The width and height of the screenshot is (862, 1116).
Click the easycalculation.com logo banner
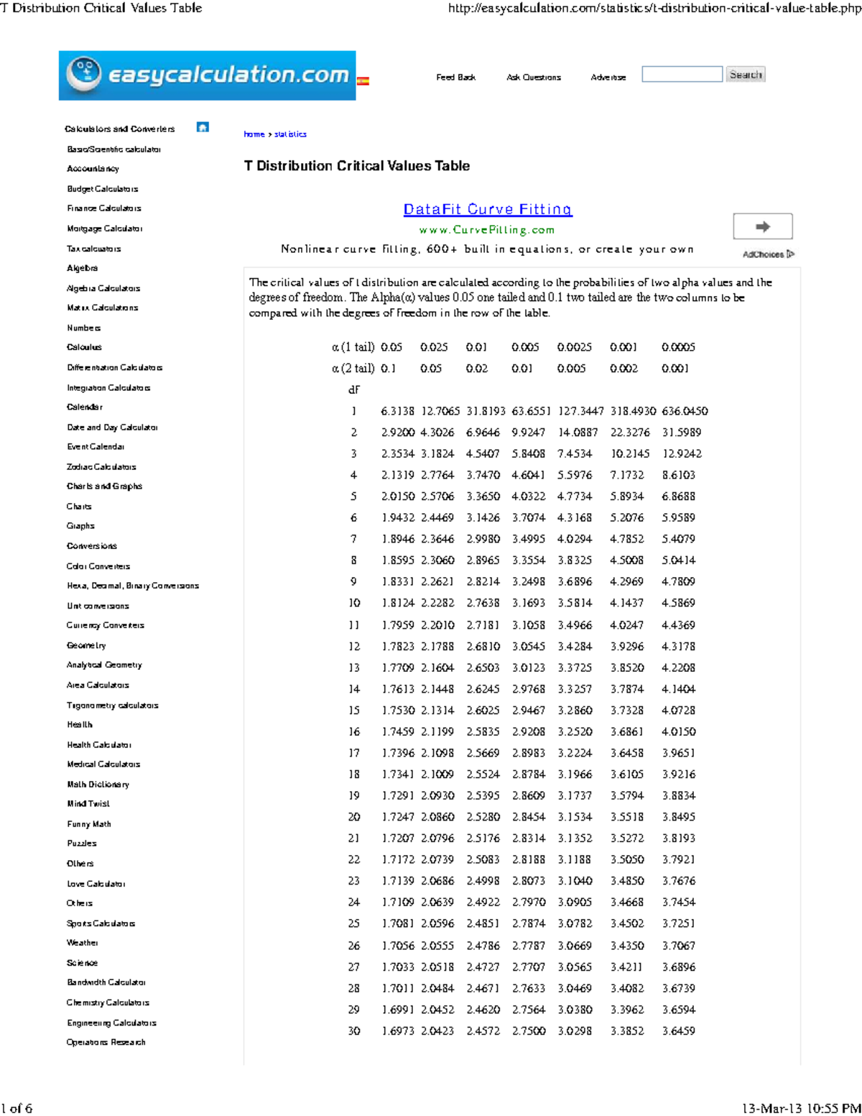[x=207, y=75]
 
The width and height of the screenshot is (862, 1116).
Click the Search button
[x=745, y=75]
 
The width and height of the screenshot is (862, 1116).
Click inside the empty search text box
[x=682, y=74]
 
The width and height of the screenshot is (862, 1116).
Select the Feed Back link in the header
[x=455, y=77]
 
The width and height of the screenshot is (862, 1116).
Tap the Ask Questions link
[x=533, y=77]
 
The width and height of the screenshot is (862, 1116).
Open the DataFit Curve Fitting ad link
[x=487, y=209]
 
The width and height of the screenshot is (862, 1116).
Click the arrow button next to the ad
[x=762, y=226]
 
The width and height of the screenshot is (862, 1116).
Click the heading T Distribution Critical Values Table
[x=356, y=166]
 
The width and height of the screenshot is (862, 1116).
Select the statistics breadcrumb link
[x=290, y=134]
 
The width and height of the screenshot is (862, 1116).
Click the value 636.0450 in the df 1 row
[x=684, y=411]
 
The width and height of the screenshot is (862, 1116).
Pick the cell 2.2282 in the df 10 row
[x=437, y=603]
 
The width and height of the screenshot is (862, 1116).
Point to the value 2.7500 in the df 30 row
[x=528, y=1030]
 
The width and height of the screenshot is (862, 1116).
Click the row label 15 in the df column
[x=353, y=710]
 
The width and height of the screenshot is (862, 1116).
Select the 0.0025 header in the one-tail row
[x=574, y=347]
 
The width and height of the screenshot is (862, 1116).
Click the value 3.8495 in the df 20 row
[x=678, y=817]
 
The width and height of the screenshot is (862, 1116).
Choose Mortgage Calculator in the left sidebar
[x=104, y=229]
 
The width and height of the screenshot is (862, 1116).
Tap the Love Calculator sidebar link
[x=96, y=884]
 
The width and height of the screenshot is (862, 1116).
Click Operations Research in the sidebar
[x=106, y=1042]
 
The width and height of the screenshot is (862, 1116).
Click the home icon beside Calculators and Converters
[x=203, y=127]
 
